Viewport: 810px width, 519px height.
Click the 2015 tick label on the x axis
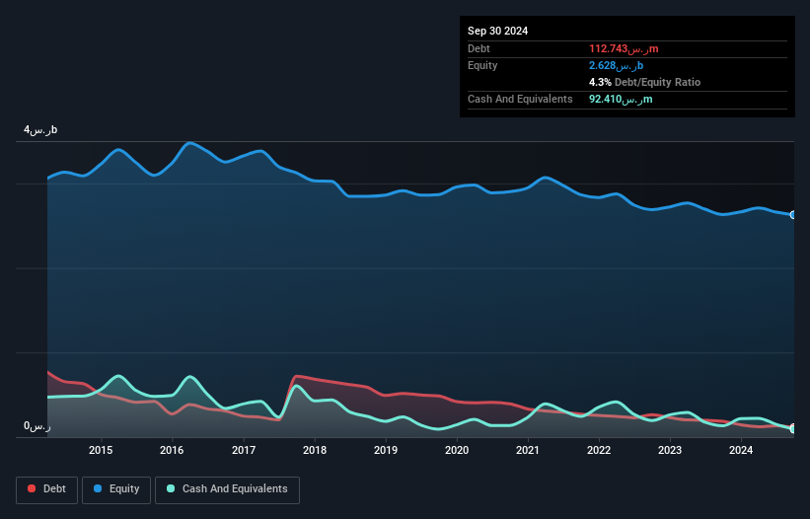(x=101, y=451)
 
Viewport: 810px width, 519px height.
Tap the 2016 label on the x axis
(x=172, y=451)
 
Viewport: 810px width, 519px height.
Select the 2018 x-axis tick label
(x=315, y=451)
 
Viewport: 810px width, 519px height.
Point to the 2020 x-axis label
(x=457, y=451)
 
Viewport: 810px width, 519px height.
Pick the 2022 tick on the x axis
(x=599, y=451)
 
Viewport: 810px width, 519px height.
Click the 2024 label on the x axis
(x=741, y=451)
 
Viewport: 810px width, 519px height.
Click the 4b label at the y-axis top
(x=41, y=130)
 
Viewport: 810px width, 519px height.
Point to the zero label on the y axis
(x=37, y=426)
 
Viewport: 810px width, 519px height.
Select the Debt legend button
(x=45, y=489)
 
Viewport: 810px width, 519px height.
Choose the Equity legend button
(x=116, y=489)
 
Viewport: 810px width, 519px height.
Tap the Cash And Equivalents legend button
(x=227, y=489)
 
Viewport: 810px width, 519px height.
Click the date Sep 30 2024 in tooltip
(x=498, y=31)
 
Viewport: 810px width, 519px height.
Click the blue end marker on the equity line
(x=793, y=215)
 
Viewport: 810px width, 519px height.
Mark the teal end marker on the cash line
(x=793, y=428)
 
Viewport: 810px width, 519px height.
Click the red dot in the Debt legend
(x=32, y=489)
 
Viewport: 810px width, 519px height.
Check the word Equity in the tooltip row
(x=483, y=65)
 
